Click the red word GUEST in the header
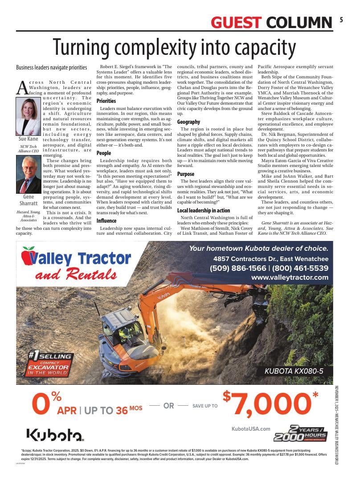pos(236,22)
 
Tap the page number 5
pos(341,20)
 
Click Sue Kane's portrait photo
pos(28,117)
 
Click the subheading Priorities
pos(106,101)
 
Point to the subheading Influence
pos(106,220)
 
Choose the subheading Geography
pos(188,122)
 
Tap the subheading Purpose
pos(186,174)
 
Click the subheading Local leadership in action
pos(204,210)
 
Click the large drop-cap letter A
pos(22,88)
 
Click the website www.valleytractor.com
pos(290,277)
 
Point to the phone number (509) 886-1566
pos(238,268)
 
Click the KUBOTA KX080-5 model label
pos(294,371)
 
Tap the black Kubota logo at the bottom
pos(54,435)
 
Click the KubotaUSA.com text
pos(251,429)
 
